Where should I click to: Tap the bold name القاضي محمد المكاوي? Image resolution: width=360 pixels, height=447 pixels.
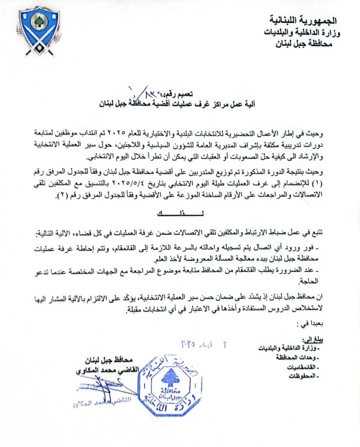coord(107,369)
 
